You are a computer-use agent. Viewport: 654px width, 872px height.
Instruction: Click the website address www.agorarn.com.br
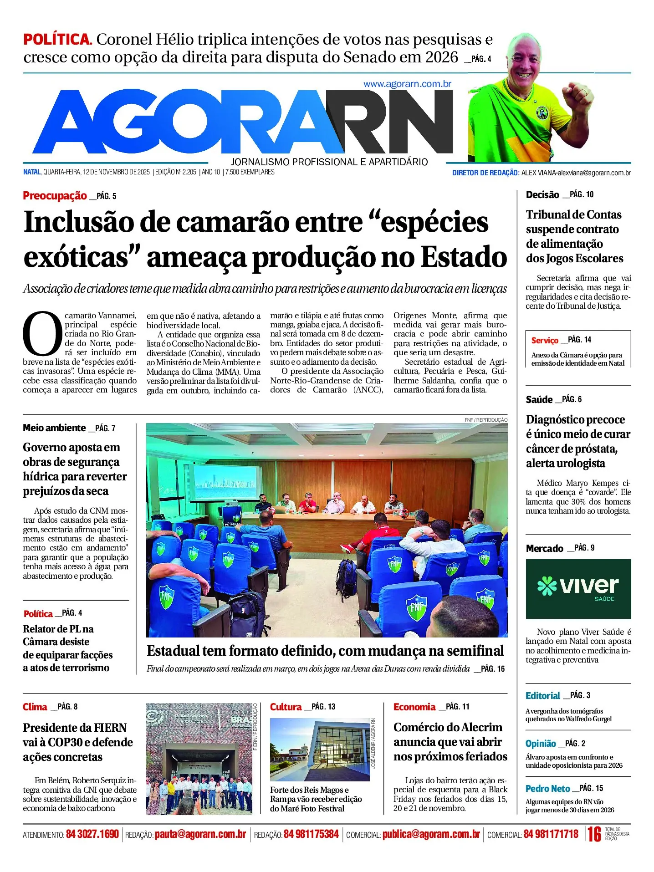[407, 84]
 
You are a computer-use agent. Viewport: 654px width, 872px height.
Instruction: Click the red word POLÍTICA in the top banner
[57, 40]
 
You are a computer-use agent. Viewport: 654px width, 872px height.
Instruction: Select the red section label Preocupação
[55, 196]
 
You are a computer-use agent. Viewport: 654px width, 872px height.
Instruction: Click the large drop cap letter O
[42, 333]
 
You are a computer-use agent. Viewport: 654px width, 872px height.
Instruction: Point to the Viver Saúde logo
[578, 588]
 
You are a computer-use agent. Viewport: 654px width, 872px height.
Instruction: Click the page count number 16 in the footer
[594, 834]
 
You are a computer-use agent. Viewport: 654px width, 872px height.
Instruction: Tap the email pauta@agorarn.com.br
[200, 834]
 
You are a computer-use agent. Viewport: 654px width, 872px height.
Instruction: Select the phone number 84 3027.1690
[92, 834]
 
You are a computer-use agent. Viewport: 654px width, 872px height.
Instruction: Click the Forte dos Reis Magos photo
[319, 750]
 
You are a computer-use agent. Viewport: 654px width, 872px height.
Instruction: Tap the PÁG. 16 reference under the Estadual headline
[493, 669]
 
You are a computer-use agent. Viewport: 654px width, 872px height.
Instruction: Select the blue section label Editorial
[542, 696]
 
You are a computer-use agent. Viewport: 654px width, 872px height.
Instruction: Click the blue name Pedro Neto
[547, 789]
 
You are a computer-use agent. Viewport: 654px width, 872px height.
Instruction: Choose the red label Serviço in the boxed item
[544, 340]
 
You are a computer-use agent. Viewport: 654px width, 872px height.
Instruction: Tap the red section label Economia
[414, 707]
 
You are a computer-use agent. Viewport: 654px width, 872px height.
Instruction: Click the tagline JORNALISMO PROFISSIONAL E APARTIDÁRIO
[329, 162]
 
